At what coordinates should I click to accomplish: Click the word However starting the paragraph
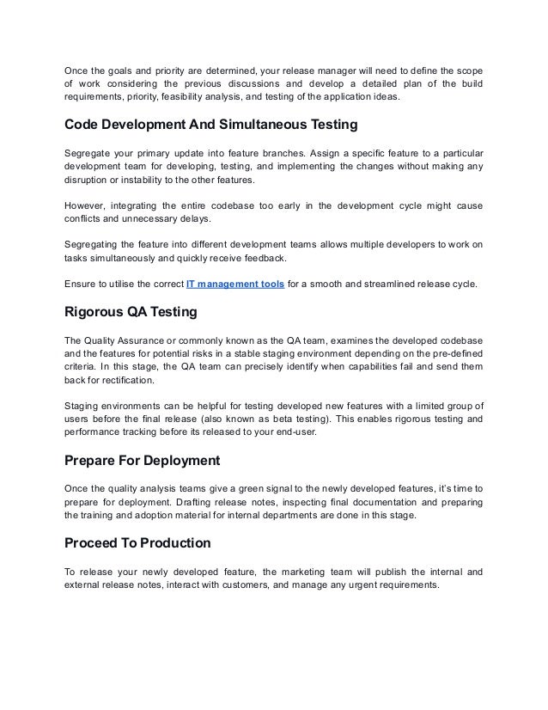pyautogui.click(x=87, y=207)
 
